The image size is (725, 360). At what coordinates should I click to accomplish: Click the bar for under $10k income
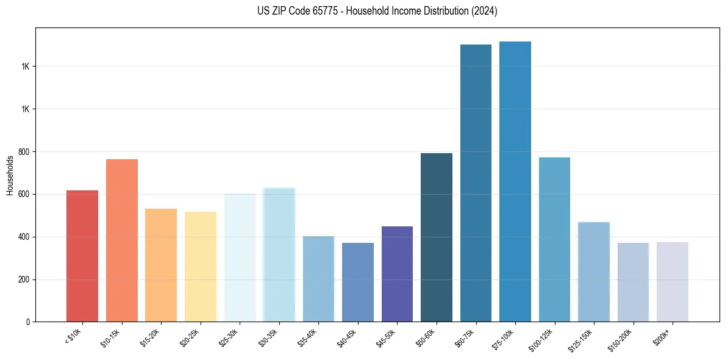point(82,256)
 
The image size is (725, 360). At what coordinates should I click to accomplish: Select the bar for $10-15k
point(122,240)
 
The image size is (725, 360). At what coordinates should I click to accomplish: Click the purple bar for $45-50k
point(397,274)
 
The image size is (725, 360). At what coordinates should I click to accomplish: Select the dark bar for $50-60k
point(437,237)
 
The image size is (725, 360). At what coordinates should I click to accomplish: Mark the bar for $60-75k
point(476,183)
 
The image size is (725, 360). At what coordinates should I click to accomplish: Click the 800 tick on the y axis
point(24,151)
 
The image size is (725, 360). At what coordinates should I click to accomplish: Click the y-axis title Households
point(10,175)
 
